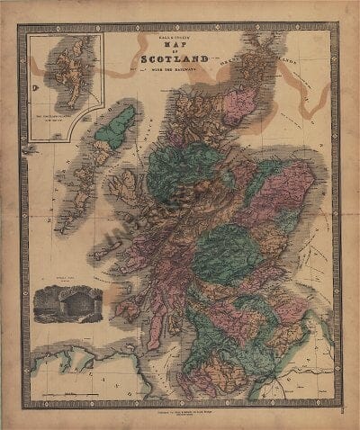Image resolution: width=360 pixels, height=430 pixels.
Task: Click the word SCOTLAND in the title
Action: pyautogui.click(x=175, y=62)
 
